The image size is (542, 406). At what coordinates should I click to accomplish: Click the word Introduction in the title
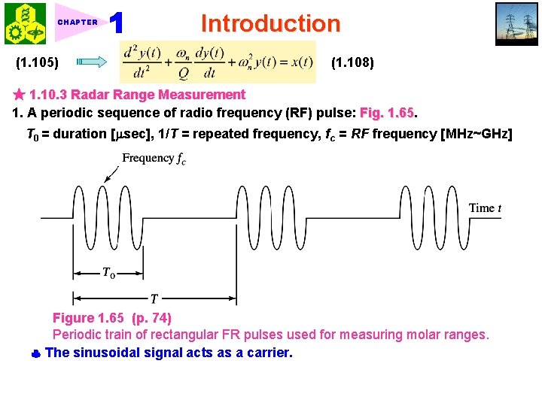click(x=270, y=23)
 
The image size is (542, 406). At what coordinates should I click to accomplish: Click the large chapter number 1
click(x=116, y=23)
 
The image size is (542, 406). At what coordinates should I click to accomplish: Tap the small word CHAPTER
click(x=78, y=23)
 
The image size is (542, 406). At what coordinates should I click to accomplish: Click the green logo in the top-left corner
click(x=25, y=24)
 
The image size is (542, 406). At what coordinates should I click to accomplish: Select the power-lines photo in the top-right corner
click(x=516, y=24)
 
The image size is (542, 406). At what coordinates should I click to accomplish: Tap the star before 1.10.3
click(x=20, y=95)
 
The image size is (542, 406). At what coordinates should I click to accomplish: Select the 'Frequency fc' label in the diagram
click(x=153, y=159)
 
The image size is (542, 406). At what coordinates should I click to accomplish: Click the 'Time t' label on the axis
click(x=485, y=208)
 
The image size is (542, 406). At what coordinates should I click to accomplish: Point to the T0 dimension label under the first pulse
click(x=109, y=273)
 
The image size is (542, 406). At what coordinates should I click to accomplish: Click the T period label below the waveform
click(x=154, y=298)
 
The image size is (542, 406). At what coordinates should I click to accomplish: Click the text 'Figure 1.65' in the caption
click(x=85, y=318)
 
